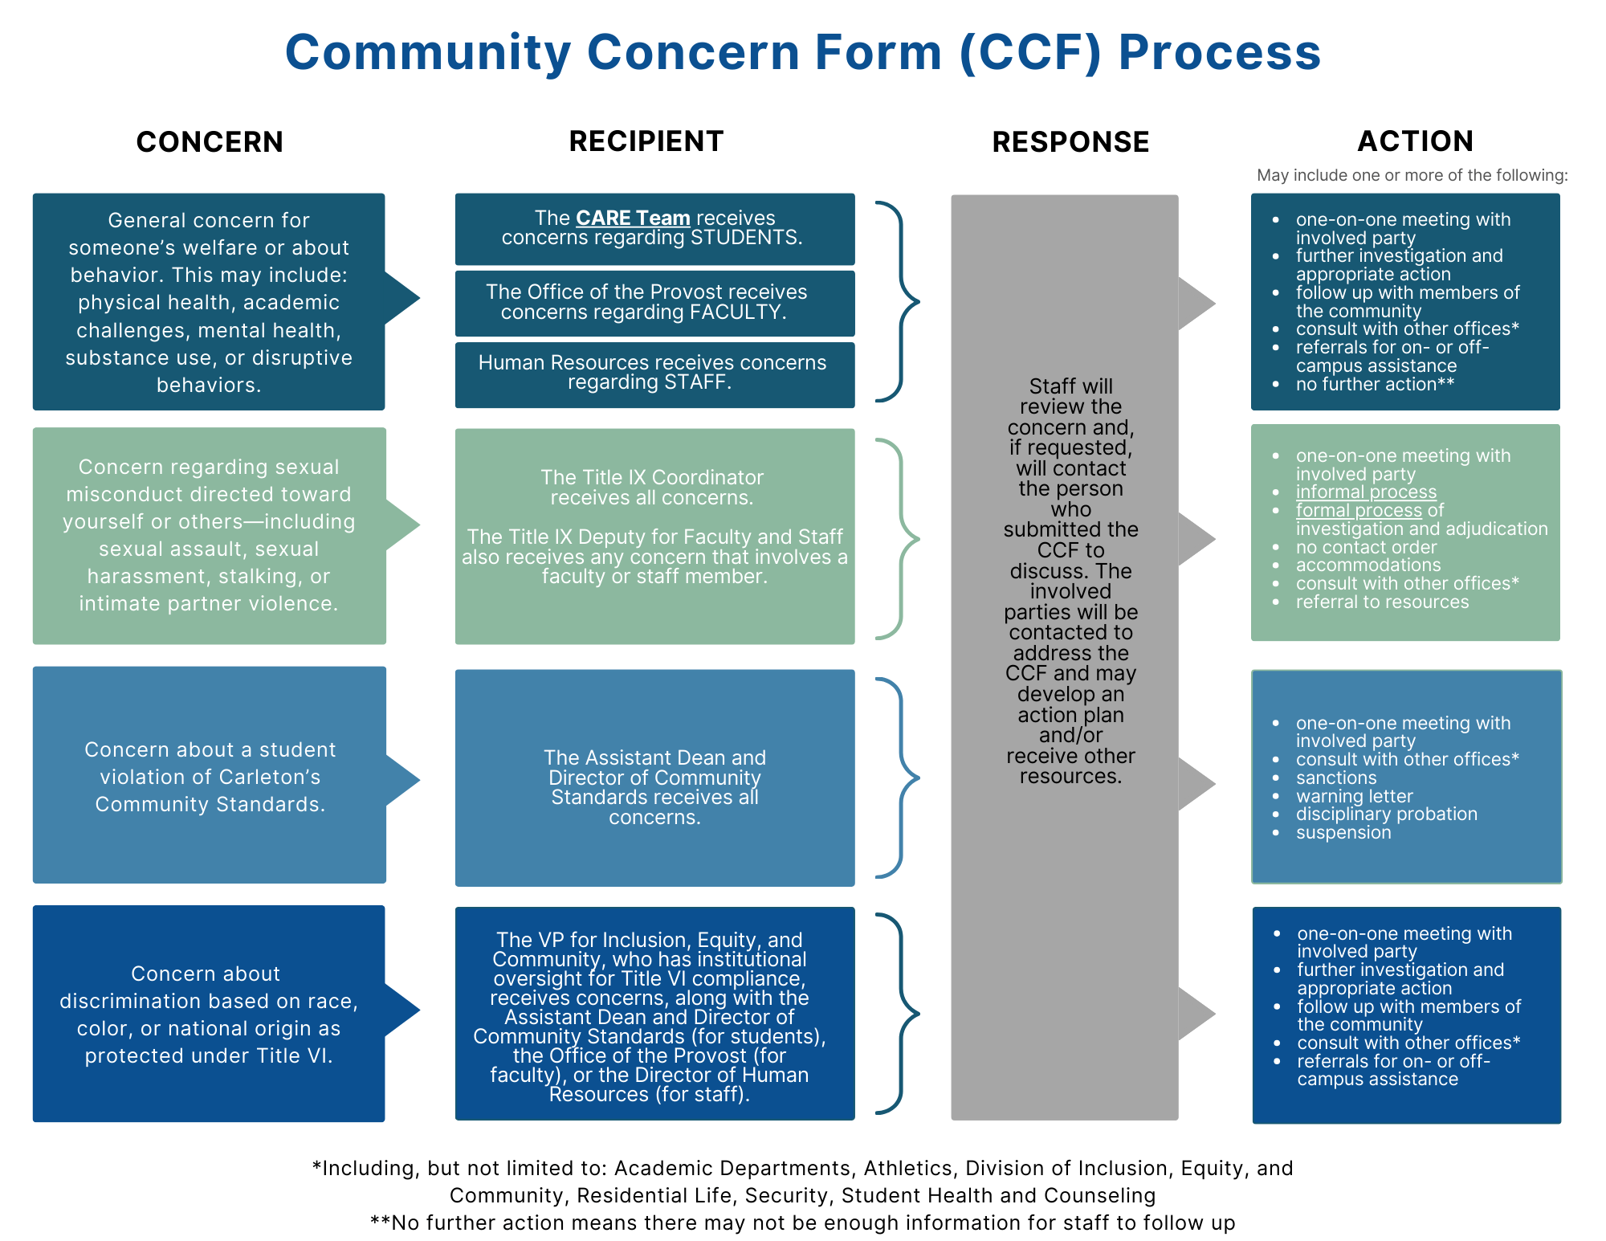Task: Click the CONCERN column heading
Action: tap(210, 141)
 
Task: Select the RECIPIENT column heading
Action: tap(646, 141)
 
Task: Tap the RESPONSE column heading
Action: tap(1070, 141)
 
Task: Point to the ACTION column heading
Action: tap(1415, 141)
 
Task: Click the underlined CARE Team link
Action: tap(633, 218)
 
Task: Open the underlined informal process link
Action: tap(1366, 492)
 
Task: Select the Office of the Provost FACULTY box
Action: tap(654, 303)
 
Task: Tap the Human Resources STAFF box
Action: tap(654, 374)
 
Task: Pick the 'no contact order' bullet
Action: tap(1366, 547)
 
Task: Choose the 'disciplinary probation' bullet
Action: tap(1386, 814)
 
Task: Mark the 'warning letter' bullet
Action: tap(1354, 796)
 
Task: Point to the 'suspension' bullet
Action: tap(1343, 832)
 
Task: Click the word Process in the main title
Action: tap(1220, 52)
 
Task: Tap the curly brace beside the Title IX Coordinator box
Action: tap(899, 539)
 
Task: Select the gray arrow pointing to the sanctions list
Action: tap(1196, 784)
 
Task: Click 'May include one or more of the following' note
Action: tap(1412, 175)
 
